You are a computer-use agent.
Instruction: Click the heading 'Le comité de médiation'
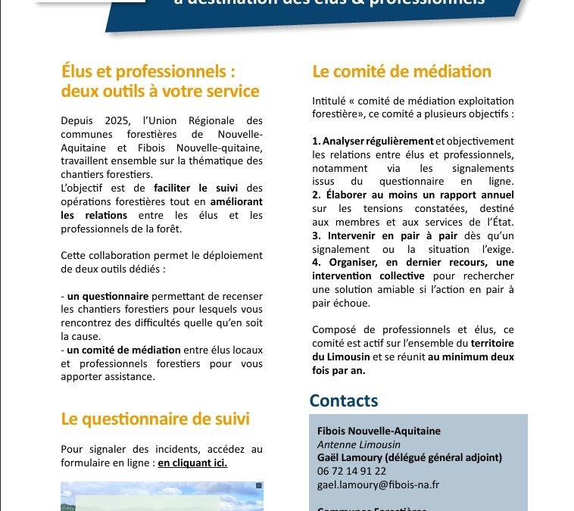click(x=401, y=72)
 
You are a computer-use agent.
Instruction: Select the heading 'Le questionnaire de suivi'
click(x=155, y=419)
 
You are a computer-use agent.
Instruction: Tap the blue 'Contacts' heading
click(x=343, y=401)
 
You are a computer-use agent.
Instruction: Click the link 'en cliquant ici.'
click(x=192, y=463)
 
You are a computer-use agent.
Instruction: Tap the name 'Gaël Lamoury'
click(x=351, y=457)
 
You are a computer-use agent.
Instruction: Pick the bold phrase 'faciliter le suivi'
click(x=195, y=189)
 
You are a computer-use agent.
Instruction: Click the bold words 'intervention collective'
click(x=368, y=276)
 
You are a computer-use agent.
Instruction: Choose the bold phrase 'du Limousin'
click(x=342, y=357)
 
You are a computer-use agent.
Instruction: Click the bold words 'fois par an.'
click(x=339, y=370)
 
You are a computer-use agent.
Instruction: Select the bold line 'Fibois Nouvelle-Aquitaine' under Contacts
click(x=379, y=432)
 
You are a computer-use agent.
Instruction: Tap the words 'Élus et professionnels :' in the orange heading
click(x=148, y=72)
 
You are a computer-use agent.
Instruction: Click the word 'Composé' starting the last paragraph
click(x=334, y=329)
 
